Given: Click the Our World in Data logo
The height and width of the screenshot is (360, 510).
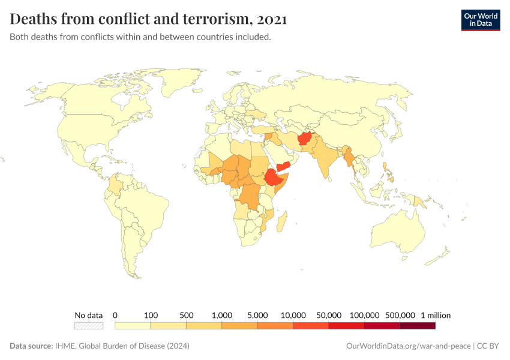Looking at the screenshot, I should (x=480, y=19).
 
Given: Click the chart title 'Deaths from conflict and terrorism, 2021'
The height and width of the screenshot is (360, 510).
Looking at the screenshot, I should (x=148, y=19).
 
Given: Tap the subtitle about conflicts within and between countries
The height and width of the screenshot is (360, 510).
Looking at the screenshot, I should (x=140, y=37).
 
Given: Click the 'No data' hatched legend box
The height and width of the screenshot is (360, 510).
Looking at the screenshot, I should (x=89, y=326).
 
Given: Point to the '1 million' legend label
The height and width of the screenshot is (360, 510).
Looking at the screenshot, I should (x=435, y=315).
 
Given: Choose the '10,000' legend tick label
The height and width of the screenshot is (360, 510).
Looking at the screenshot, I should (x=293, y=315).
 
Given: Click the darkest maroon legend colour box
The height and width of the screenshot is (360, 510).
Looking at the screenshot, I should (x=417, y=326).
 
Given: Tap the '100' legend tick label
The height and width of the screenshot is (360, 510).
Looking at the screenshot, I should (x=151, y=315).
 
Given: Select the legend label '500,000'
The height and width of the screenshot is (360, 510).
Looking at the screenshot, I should (x=400, y=315).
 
